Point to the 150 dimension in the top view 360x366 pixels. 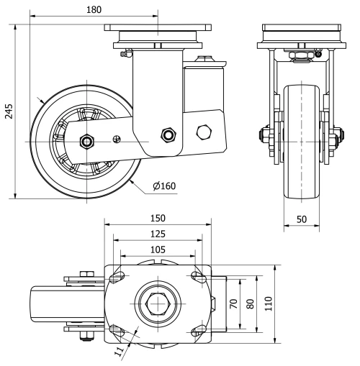coord(158,218)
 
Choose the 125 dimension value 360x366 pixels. coord(158,234)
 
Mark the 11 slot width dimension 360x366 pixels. coord(120,352)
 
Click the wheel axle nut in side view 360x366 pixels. coord(86,142)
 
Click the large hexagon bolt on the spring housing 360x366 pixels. coord(204,132)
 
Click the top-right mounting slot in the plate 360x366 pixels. coord(197,276)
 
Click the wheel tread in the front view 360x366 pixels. coord(301,144)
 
